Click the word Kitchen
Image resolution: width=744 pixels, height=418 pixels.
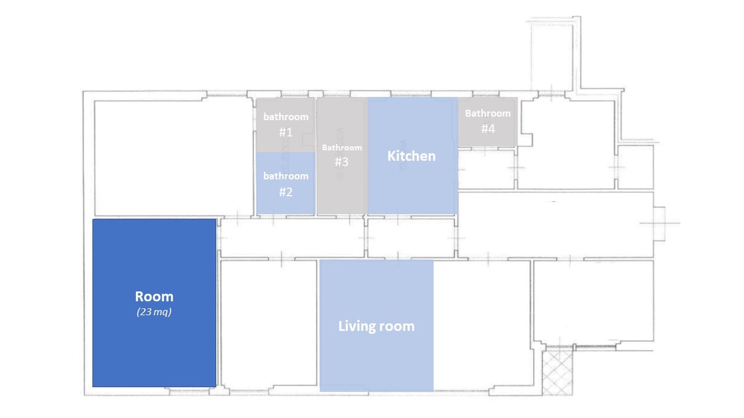pyautogui.click(x=412, y=156)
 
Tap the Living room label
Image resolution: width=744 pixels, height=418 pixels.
pyautogui.click(x=377, y=326)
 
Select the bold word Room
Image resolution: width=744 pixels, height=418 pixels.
pyautogui.click(x=154, y=297)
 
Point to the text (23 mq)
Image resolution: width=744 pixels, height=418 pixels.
pyautogui.click(x=154, y=312)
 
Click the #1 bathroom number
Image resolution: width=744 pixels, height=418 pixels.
pyautogui.click(x=285, y=132)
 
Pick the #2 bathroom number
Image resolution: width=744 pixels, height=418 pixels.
pyautogui.click(x=285, y=192)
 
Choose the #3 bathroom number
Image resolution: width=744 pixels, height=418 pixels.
pyautogui.click(x=342, y=162)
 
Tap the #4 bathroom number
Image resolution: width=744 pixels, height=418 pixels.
pyautogui.click(x=488, y=129)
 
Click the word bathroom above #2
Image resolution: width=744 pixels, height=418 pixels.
pyautogui.click(x=285, y=176)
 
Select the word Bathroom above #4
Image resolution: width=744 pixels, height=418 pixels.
pyautogui.click(x=488, y=113)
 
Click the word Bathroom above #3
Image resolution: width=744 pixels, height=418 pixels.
pyautogui.click(x=342, y=147)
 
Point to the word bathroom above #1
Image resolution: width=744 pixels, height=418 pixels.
pyautogui.click(x=285, y=117)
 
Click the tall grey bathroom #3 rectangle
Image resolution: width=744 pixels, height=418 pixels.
pyautogui.click(x=342, y=192)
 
